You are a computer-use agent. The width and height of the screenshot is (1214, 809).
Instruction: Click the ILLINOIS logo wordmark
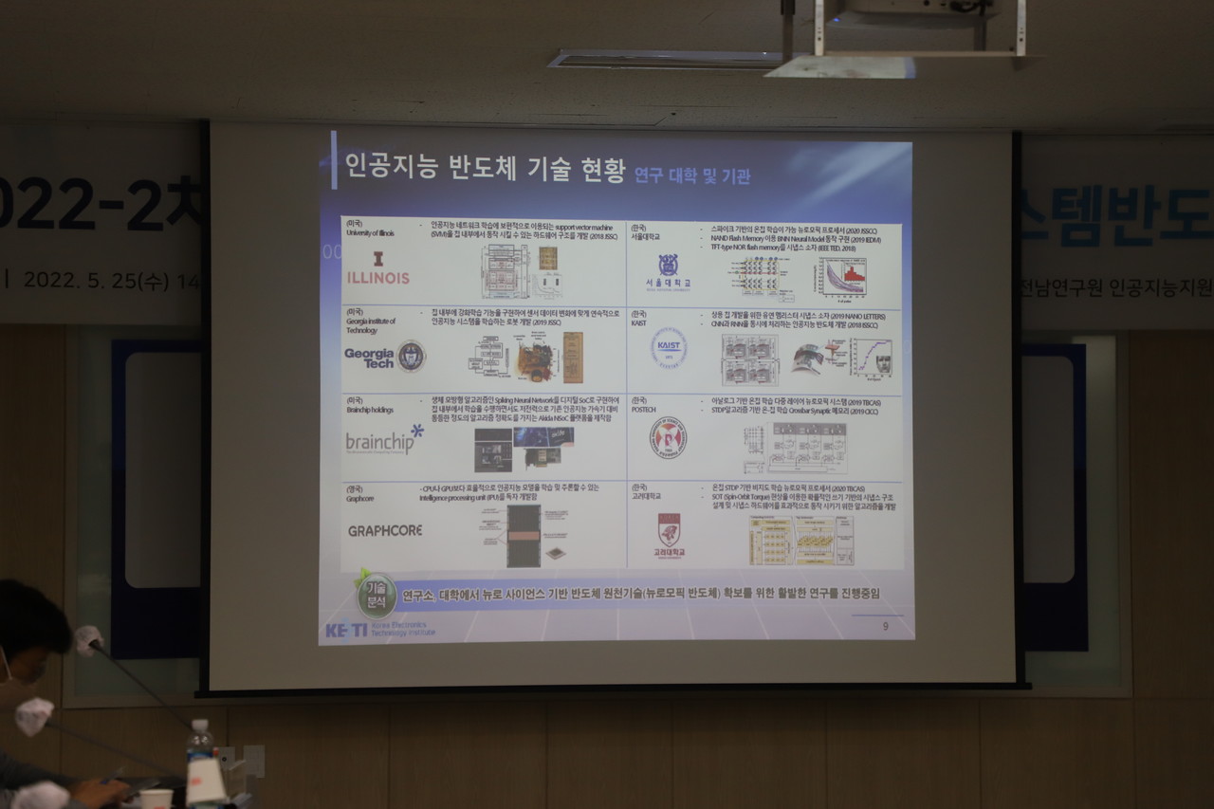(377, 277)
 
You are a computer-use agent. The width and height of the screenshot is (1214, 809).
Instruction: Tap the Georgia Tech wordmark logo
(369, 358)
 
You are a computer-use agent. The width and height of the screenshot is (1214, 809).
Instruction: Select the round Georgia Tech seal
(411, 357)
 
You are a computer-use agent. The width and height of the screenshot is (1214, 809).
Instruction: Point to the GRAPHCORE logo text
(384, 530)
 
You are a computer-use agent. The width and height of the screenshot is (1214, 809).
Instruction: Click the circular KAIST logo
(669, 347)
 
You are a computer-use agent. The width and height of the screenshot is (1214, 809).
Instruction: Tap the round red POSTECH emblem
(668, 437)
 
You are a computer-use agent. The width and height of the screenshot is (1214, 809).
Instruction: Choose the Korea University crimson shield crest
(669, 528)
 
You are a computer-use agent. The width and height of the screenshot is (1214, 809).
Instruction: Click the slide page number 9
(885, 626)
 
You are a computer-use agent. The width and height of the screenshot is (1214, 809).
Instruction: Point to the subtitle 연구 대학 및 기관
(692, 175)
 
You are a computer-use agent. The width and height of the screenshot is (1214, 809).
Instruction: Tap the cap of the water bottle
(198, 726)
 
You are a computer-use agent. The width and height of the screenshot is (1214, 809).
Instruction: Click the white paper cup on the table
(156, 799)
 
